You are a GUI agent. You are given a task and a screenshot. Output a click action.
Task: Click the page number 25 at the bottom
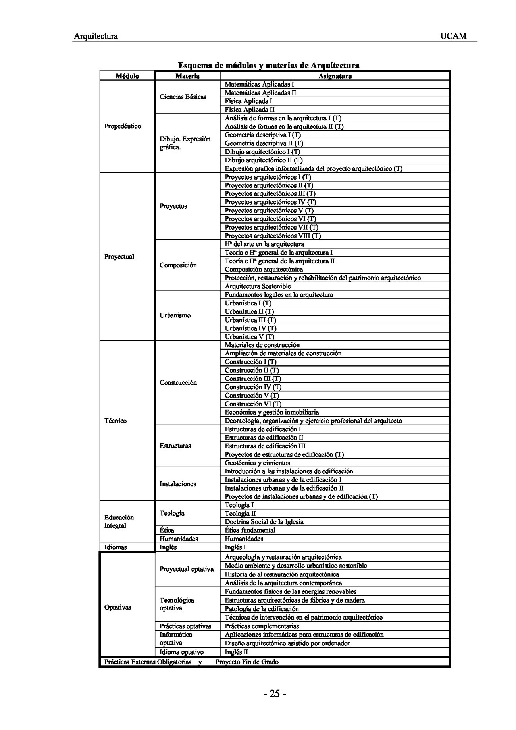(274, 694)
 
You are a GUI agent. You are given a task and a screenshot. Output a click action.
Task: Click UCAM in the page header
(453, 36)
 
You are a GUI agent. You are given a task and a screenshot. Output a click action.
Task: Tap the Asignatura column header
(335, 76)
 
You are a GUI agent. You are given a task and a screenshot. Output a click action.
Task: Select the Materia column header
(187, 76)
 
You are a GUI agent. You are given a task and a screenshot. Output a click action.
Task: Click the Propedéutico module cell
(123, 126)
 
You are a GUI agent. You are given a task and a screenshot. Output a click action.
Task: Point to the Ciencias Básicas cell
(183, 97)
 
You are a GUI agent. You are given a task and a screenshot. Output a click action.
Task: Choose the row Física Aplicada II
(250, 110)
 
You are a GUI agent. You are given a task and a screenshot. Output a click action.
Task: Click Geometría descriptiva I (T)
(262, 135)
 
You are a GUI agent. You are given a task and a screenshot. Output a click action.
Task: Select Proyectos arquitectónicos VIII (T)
(273, 236)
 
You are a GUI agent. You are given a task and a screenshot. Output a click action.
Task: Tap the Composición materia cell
(178, 265)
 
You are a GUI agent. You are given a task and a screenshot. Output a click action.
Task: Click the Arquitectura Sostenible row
(258, 286)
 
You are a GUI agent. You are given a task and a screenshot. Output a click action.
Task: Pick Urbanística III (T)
(250, 320)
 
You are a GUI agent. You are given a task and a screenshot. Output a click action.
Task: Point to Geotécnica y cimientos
(257, 463)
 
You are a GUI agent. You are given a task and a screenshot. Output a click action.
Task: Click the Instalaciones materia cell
(178, 484)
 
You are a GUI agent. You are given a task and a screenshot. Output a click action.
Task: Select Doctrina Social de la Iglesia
(264, 522)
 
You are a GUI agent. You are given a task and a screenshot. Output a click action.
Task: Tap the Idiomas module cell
(116, 547)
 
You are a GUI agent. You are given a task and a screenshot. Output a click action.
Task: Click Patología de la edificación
(262, 609)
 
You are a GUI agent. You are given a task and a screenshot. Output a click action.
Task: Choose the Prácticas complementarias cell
(262, 626)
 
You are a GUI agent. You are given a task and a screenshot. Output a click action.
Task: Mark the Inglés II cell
(237, 652)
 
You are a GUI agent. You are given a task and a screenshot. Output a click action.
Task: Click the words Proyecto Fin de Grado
(247, 662)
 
